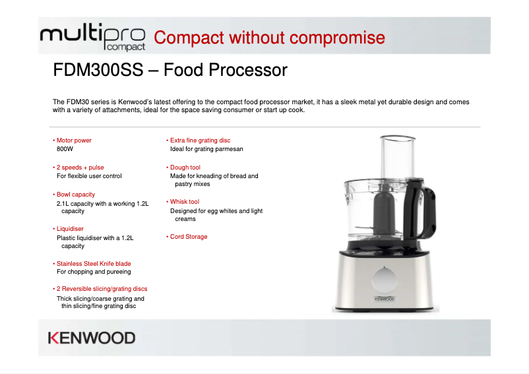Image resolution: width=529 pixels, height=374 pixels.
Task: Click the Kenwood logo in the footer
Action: click(92, 338)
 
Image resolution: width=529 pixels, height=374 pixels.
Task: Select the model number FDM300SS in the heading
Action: click(98, 69)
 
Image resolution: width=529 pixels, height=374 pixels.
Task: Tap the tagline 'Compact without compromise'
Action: click(269, 38)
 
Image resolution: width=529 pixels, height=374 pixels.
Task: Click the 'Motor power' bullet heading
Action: click(74, 140)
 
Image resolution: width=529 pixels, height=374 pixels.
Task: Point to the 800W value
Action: click(65, 150)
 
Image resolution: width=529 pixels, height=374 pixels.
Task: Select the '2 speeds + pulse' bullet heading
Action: click(80, 168)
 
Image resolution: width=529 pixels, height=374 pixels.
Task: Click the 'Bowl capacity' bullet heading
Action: click(75, 195)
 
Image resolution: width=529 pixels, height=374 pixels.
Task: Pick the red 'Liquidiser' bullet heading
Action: click(70, 229)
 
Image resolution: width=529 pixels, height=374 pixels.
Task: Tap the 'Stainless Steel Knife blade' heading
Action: click(94, 264)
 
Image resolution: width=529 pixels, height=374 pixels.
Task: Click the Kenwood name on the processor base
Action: click(385, 299)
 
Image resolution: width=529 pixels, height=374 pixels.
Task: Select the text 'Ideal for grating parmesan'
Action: click(206, 149)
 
